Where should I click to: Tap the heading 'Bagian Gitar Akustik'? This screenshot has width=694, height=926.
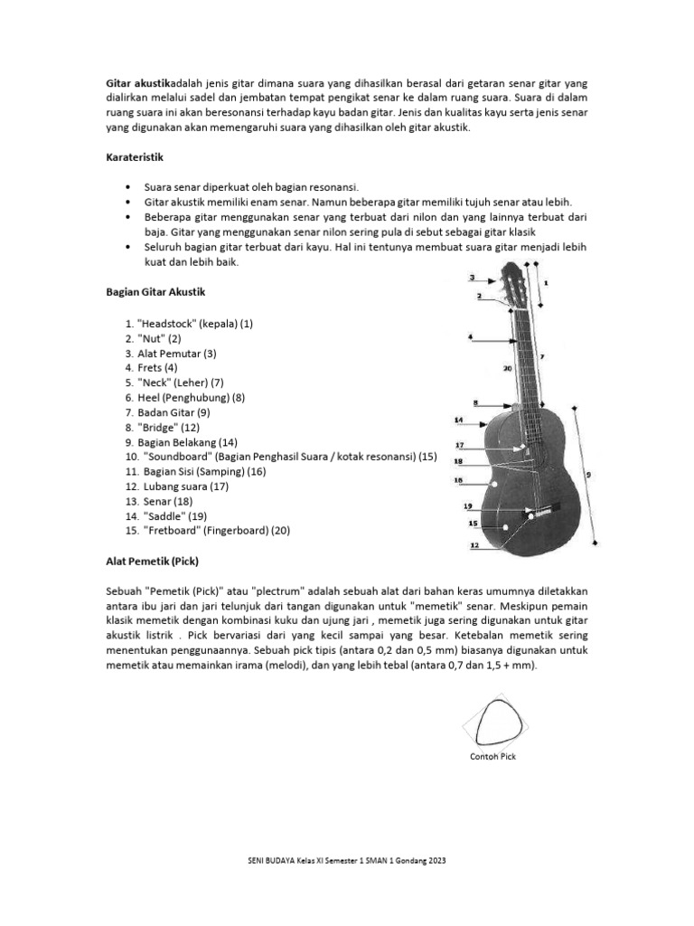point(156,292)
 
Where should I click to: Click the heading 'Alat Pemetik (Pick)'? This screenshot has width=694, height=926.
point(151,561)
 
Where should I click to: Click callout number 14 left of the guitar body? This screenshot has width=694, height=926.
point(458,420)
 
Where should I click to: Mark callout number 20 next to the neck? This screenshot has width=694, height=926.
point(507,369)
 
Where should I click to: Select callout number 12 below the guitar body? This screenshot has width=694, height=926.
point(474,545)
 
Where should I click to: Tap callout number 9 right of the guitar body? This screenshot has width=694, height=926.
point(586,472)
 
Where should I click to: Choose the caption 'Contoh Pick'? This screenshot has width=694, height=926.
point(493,757)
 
